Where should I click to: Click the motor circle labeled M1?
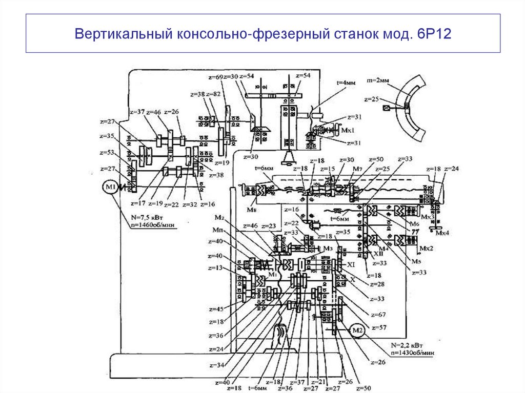(110, 188)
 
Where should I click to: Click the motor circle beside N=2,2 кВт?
(357, 330)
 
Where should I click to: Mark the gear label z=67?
(377, 314)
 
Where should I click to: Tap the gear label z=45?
(216, 309)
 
